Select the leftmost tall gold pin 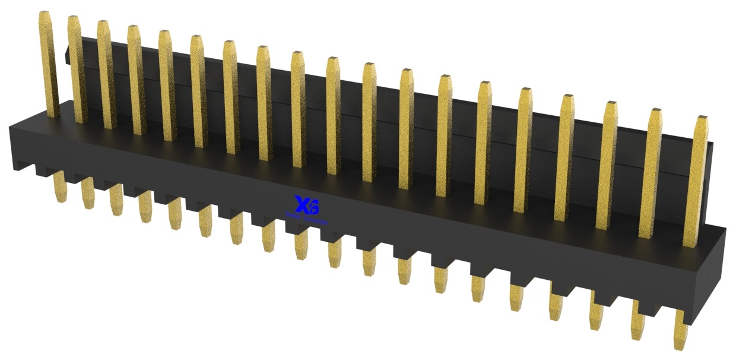pos(49,65)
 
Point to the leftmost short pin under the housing pos(59,187)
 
